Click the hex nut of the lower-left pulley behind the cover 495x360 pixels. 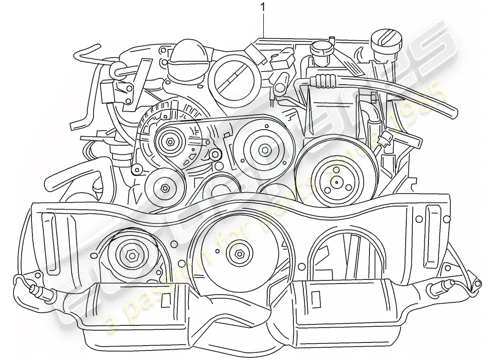pyautogui.click(x=132, y=256)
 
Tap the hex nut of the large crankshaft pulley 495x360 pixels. pyautogui.click(x=238, y=253)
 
